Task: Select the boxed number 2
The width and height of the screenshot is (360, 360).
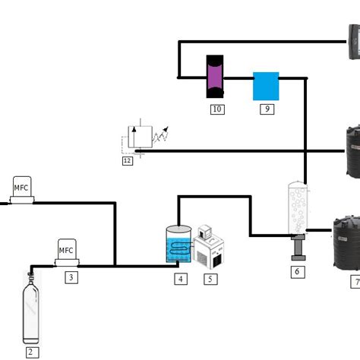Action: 31,352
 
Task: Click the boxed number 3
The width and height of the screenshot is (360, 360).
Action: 71,277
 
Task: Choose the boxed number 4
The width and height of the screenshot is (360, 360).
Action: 180,279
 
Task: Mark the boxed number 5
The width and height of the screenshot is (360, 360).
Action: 210,279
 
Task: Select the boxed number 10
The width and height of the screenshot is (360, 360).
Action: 217,109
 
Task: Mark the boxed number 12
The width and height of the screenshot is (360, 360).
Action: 127,160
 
